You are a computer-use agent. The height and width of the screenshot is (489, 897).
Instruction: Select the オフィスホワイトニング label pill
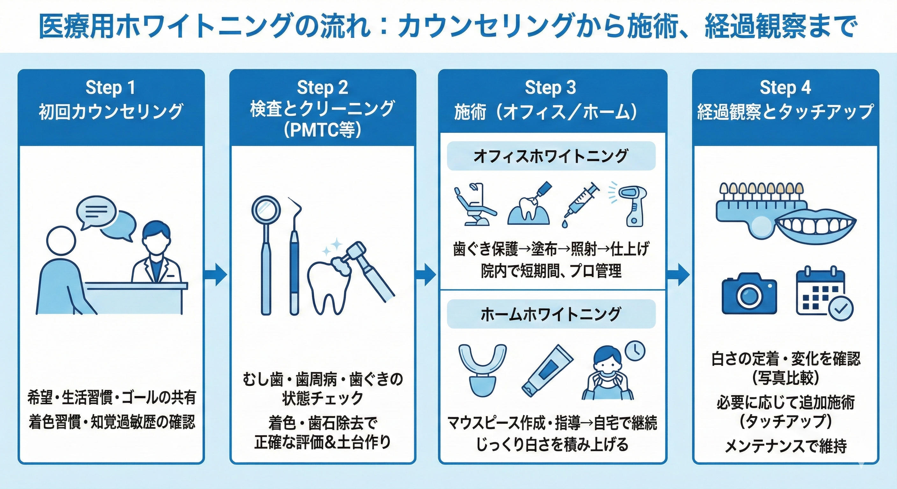click(551, 156)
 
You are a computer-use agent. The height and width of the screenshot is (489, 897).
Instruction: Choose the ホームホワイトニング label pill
click(551, 314)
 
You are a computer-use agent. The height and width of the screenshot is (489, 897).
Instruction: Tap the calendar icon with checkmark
click(825, 294)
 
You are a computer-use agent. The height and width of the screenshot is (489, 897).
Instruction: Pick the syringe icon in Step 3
click(581, 205)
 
